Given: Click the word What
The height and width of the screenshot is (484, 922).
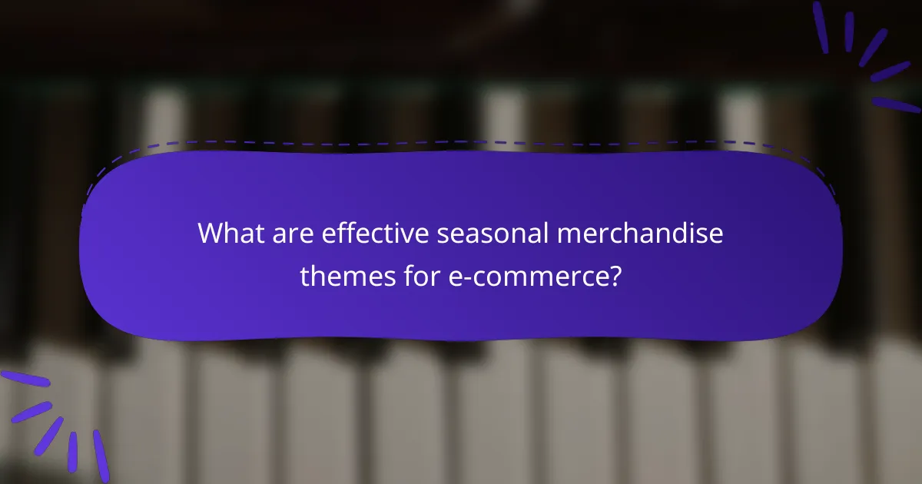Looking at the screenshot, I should (229, 233).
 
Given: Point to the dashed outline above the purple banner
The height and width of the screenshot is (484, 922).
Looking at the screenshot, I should (461, 142).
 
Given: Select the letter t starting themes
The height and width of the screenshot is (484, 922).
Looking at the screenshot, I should (304, 275).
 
